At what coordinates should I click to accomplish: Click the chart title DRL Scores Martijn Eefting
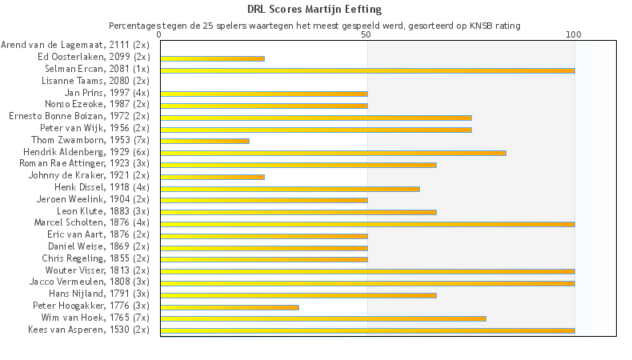[x=314, y=10]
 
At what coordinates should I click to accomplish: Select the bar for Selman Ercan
[x=367, y=70]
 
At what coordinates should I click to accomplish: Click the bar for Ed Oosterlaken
[x=212, y=58]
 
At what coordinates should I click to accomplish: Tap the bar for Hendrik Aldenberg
[x=333, y=153]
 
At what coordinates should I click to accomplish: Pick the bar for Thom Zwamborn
[x=205, y=141]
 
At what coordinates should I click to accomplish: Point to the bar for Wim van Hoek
[x=323, y=318]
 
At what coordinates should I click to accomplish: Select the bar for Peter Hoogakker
[x=230, y=306]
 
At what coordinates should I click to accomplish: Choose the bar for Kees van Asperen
[x=367, y=330]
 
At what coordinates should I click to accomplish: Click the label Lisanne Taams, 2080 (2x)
[x=97, y=81]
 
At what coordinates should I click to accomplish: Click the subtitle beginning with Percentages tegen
[x=314, y=26]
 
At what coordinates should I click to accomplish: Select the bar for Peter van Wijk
[x=316, y=130]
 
